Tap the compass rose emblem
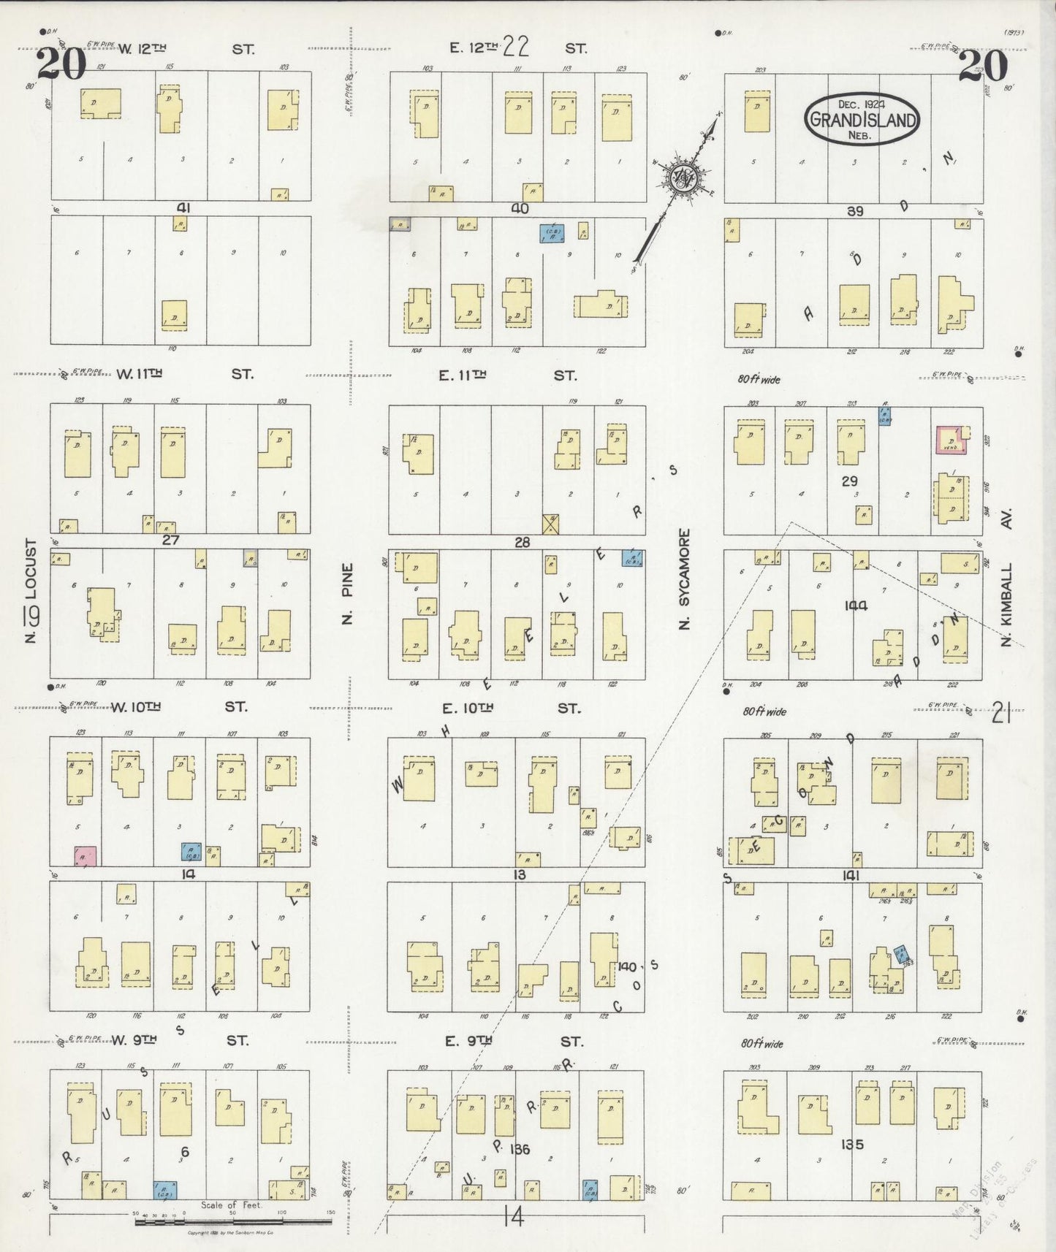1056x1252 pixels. point(684,178)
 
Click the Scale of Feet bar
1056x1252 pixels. point(232,1220)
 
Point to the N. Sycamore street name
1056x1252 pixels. point(684,579)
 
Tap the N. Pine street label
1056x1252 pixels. point(347,592)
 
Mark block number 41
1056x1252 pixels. point(183,208)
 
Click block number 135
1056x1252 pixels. point(852,1144)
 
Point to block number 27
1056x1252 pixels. point(170,541)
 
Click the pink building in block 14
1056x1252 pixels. point(86,856)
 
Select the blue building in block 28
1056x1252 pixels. point(632,558)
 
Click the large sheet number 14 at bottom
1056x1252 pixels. point(514,1216)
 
